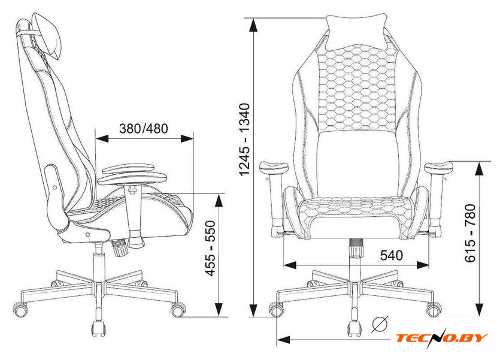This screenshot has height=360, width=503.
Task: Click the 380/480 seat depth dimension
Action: pyautogui.click(x=143, y=128)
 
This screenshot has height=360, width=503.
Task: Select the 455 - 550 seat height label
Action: pyautogui.click(x=210, y=248)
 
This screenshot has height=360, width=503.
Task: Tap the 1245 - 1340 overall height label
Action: pyautogui.click(x=244, y=139)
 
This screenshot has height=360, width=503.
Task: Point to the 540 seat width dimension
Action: pyautogui.click(x=392, y=255)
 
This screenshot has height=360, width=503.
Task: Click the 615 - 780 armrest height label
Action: pyautogui.click(x=470, y=233)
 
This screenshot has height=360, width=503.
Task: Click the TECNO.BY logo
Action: pyautogui.click(x=441, y=338)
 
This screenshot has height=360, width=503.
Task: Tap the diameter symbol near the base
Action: pyautogui.click(x=380, y=323)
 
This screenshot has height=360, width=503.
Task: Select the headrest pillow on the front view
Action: pyautogui.click(x=356, y=31)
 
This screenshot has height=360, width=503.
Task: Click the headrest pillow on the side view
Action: pyautogui.click(x=48, y=35)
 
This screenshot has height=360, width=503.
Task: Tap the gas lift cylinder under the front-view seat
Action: pyautogui.click(x=356, y=248)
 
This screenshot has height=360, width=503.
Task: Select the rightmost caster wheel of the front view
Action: pyautogui.click(x=434, y=310)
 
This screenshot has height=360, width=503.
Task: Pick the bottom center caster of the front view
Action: pyautogui.click(x=355, y=329)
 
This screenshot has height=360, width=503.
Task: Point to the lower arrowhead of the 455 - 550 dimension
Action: pyautogui.click(x=219, y=309)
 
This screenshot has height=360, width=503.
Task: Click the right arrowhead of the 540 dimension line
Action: pyautogui.click(x=423, y=265)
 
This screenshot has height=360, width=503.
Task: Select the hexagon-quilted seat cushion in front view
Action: pyautogui.click(x=356, y=207)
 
